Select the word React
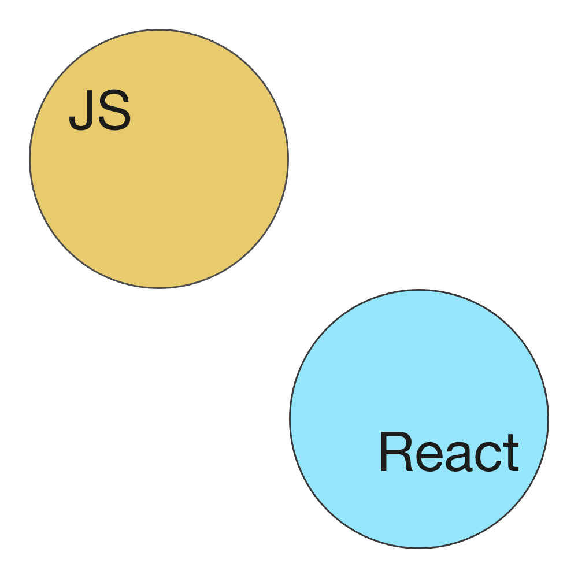pos(449,453)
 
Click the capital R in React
pos(395,453)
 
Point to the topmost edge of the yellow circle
pos(159,30)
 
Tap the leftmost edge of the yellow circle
pos(30,159)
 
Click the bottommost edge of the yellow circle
pos(159,287)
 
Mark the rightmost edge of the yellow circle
pos(287,159)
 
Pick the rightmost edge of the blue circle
pos(548,418)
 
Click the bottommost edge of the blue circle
pos(419,547)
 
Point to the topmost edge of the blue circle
pos(419,290)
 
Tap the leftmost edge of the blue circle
pos(290,418)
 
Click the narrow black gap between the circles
pos(289,288)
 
